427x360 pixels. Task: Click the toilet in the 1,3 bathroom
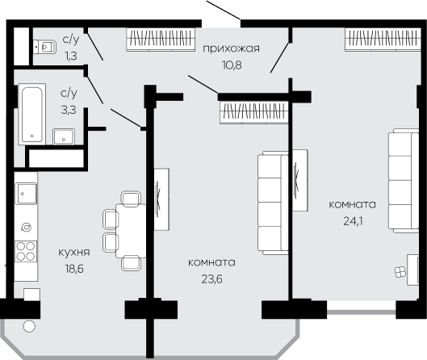[x=44, y=47]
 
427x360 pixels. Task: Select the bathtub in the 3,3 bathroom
[x=32, y=115]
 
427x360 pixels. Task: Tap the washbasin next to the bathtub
[x=64, y=136]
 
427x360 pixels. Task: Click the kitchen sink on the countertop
[x=26, y=194]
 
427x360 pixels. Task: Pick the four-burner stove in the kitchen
[x=26, y=251]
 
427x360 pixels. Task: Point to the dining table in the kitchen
[x=131, y=230]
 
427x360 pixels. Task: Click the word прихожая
[x=231, y=48]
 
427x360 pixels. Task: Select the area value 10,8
[x=232, y=65]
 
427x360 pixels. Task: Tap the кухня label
[x=74, y=253]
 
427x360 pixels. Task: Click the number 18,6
[x=74, y=269]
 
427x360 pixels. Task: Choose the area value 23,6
[x=211, y=279]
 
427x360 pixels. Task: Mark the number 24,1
[x=353, y=221]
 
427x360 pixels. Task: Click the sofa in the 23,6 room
[x=273, y=203]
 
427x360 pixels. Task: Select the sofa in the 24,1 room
[x=404, y=181]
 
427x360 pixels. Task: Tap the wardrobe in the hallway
[x=161, y=40]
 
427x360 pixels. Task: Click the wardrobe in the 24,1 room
[x=382, y=40]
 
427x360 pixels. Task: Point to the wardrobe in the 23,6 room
[x=254, y=112]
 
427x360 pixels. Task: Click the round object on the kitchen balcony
[x=29, y=326]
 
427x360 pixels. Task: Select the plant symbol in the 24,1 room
[x=400, y=272]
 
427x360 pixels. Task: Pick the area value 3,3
[x=69, y=111]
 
